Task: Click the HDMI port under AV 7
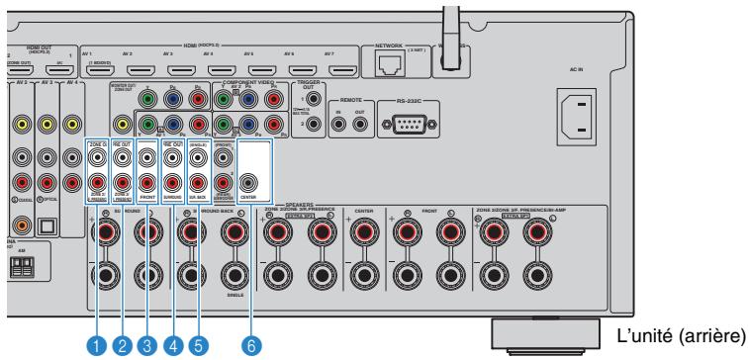pos(341,70)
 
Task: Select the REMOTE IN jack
pos(337,126)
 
